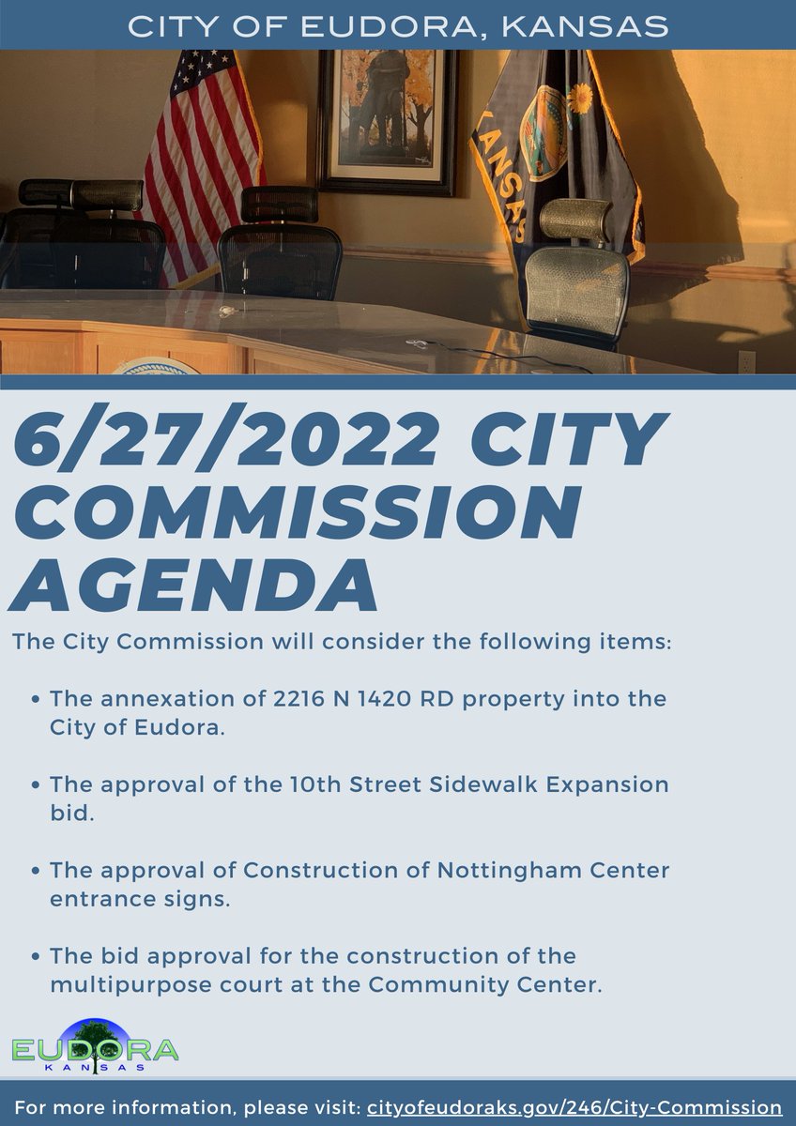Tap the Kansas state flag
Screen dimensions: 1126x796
point(554,141)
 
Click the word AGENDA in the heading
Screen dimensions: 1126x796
point(193,583)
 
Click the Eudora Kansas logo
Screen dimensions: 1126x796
point(94,1046)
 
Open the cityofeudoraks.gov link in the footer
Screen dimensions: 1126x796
point(573,1107)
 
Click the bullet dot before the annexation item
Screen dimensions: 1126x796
point(36,700)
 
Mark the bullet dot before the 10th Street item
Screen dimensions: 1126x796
point(36,785)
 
